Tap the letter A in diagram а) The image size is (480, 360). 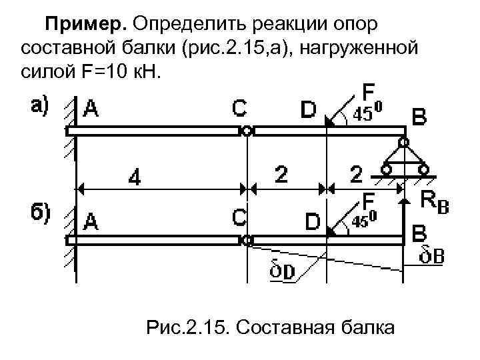tap(91, 109)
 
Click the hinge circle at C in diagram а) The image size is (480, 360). tap(247, 131)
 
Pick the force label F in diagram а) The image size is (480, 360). tap(367, 91)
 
